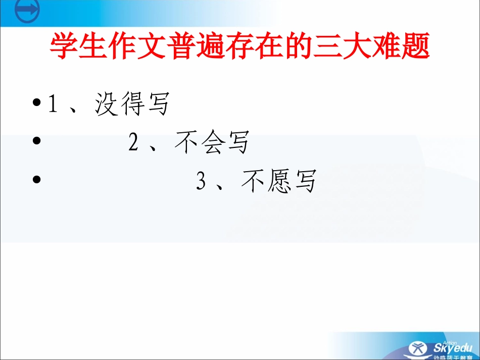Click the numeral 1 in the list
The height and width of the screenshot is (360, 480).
[x=52, y=105]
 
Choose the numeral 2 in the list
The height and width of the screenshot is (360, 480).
[x=133, y=143]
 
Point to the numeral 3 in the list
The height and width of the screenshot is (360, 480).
[x=201, y=181]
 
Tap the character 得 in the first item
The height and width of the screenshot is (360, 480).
[x=133, y=105]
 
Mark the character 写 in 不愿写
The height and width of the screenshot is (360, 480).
[x=305, y=181]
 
